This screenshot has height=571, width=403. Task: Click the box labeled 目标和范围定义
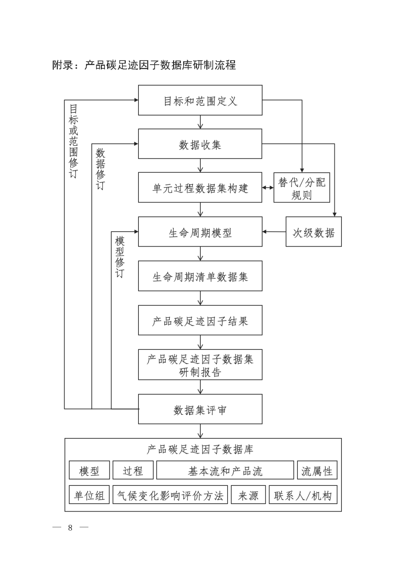pos(200,100)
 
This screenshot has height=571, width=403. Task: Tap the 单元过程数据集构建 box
pos(200,188)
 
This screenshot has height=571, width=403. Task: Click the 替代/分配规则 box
pos(302,188)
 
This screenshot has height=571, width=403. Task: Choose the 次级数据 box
pos(313,232)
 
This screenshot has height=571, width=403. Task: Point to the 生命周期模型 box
pos(200,232)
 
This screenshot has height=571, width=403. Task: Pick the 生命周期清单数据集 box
pos(200,276)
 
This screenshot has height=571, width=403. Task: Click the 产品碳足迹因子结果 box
pos(200,320)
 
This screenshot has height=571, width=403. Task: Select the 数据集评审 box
pos(200,409)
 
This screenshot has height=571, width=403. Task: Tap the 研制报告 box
pos(200,365)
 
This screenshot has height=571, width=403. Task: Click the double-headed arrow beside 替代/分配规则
pos(268,188)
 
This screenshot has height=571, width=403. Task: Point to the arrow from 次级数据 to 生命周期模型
pos(274,232)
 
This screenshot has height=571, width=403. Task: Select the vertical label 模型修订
pos(120,257)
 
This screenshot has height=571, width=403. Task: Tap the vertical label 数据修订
pos(100,169)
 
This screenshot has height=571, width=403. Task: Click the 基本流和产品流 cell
pos(225,470)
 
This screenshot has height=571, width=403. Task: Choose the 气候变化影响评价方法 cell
pos(170,495)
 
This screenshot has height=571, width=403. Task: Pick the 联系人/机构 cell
pos(303,495)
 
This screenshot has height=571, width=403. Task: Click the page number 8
pos(70,528)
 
